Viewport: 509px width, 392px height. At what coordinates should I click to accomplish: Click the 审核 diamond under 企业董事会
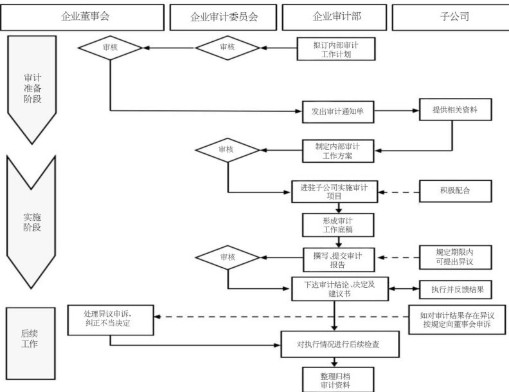(110, 48)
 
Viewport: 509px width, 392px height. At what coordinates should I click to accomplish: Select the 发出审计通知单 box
(338, 111)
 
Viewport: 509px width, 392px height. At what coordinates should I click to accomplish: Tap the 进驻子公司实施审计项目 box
(335, 191)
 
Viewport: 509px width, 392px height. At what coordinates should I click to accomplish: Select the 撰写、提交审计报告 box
(337, 259)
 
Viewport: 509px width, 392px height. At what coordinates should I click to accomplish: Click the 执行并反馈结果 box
(456, 289)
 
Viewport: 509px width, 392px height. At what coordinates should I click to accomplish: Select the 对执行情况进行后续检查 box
(338, 344)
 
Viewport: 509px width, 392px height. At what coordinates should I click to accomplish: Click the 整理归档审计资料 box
(336, 378)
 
